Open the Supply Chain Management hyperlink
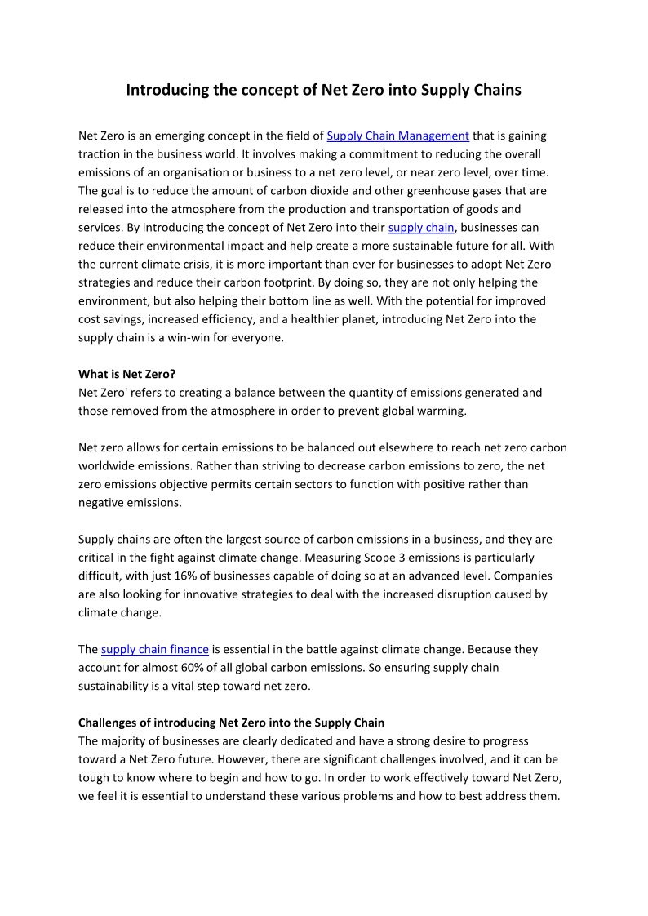pos(397,136)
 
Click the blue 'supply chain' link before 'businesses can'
pos(420,228)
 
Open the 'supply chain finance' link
pos(155,650)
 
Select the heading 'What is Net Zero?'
pos(126,375)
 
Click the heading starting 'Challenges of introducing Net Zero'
pos(231,723)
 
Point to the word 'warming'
pos(441,411)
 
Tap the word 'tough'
pos(95,778)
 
